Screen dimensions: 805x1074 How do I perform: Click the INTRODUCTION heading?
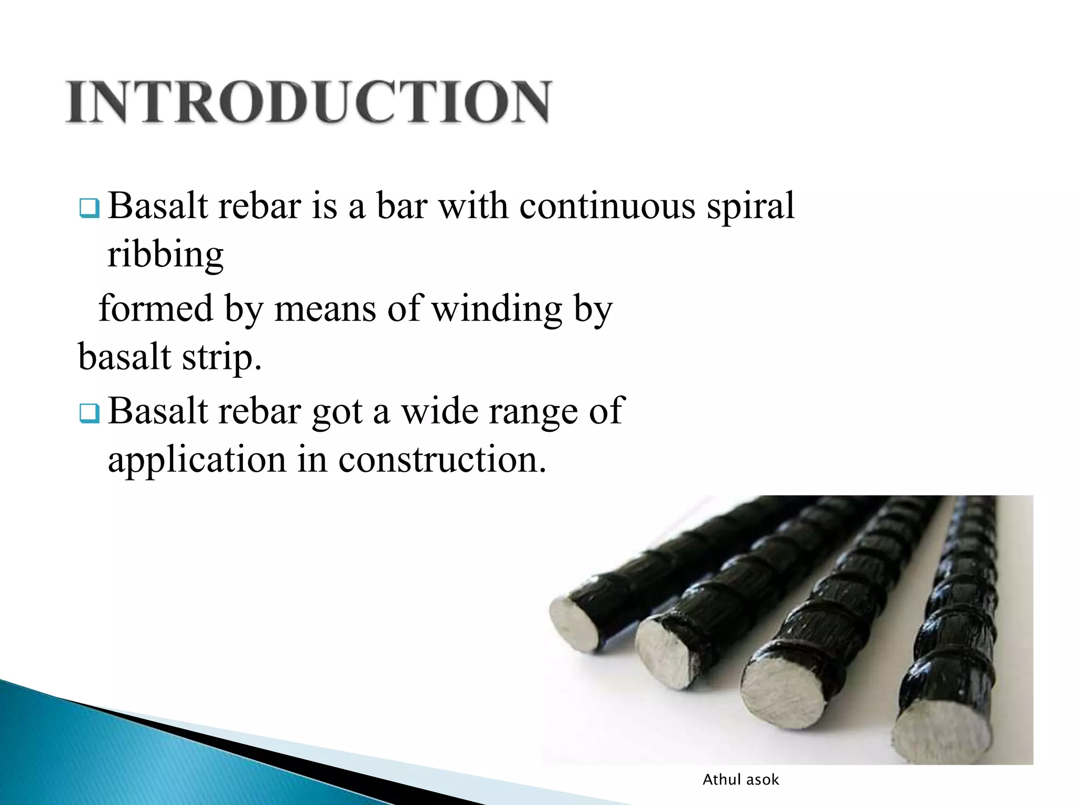click(308, 102)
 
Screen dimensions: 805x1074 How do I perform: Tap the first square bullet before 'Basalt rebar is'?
click(89, 208)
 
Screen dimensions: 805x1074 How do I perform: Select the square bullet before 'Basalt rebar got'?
click(89, 414)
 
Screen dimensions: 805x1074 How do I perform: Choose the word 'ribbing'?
click(165, 256)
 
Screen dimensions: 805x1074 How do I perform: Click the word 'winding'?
click(497, 309)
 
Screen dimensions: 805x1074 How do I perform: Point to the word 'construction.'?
click(442, 459)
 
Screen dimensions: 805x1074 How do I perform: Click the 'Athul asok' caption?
click(740, 780)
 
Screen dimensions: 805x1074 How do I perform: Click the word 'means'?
click(325, 308)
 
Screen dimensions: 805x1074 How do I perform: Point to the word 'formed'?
click(156, 308)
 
